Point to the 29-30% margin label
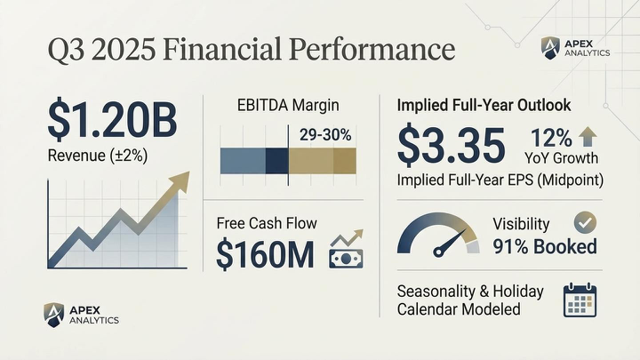click(325, 135)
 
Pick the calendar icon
click(580, 300)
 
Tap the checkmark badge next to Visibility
click(586, 222)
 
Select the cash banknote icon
click(345, 252)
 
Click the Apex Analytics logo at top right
click(575, 48)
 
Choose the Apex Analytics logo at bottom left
click(81, 314)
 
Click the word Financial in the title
click(234, 47)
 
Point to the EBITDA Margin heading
click(288, 106)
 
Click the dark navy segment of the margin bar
click(276, 160)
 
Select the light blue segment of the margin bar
click(242, 160)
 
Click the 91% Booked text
click(545, 246)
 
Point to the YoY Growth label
click(561, 158)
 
